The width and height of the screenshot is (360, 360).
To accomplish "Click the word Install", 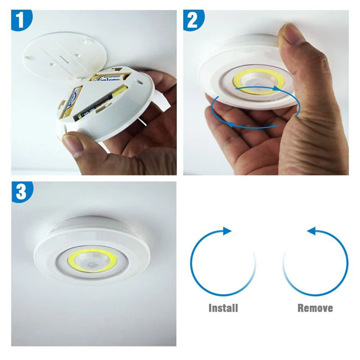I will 223,308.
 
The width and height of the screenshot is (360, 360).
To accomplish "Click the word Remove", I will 315,308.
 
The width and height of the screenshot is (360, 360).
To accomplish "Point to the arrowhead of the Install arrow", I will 228,231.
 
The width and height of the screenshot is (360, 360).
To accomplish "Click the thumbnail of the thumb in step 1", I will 72,141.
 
